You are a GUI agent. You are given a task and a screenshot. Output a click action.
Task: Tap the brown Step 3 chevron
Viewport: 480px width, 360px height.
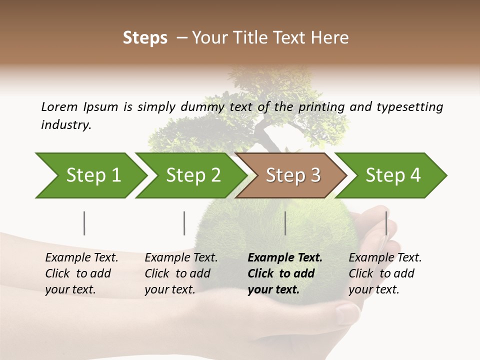point(293,175)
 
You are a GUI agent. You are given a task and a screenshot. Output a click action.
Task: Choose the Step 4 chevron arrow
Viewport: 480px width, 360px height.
point(393,175)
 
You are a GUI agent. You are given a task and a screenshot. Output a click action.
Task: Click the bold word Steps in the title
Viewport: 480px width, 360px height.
point(145,37)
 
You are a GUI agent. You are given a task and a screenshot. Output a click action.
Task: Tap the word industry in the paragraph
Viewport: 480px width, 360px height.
point(65,125)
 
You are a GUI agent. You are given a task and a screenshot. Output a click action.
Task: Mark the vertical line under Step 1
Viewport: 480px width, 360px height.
point(84,223)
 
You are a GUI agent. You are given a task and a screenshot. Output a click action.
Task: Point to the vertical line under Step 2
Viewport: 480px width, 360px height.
point(184,223)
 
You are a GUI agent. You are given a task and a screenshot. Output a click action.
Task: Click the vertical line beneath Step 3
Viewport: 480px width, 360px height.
point(285,223)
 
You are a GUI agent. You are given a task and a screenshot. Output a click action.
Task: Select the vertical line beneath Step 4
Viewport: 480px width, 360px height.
point(386,223)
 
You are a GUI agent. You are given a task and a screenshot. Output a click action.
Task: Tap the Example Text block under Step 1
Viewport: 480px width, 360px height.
point(81,273)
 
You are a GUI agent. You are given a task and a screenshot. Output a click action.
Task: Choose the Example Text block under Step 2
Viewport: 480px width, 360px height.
point(181,273)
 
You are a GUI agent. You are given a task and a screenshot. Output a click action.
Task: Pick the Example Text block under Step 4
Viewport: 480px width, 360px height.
point(385,273)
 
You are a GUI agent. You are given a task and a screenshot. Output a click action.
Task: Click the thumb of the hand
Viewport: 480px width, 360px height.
point(348,312)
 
